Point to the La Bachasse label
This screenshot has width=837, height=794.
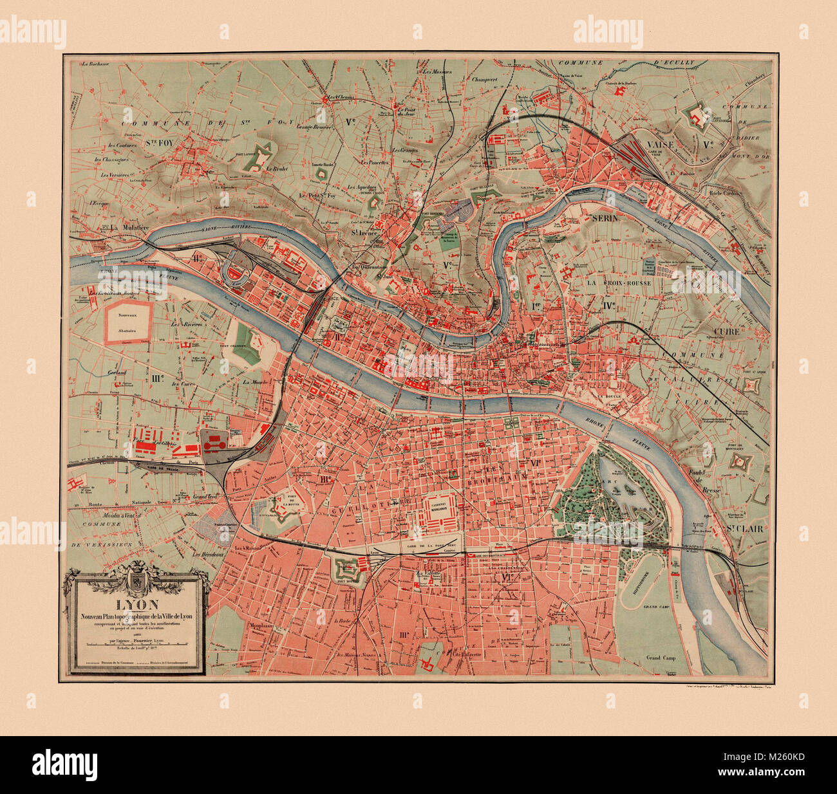(x=96, y=64)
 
